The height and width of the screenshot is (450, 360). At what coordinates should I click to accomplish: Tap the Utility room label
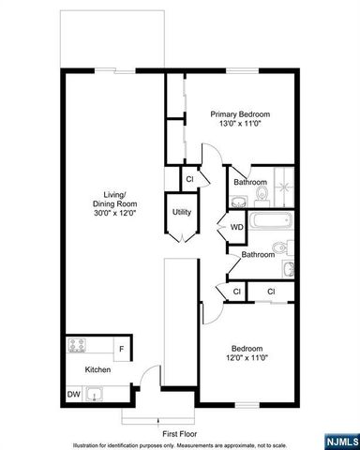click(182, 212)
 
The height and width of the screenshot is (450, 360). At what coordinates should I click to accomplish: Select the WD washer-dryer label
click(237, 226)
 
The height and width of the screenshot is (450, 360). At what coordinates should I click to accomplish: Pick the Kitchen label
click(98, 370)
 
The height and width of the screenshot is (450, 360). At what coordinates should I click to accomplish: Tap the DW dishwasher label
click(73, 394)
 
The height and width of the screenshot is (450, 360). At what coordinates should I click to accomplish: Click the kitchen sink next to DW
click(94, 395)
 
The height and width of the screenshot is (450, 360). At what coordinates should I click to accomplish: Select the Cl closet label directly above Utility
click(189, 178)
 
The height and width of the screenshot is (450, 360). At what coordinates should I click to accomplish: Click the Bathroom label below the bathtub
click(258, 254)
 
